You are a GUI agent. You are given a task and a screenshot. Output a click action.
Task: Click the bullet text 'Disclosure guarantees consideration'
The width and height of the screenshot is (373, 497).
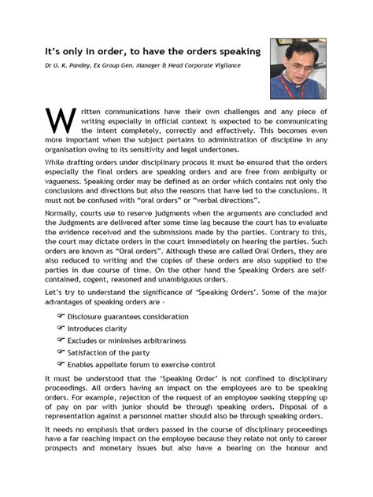(127, 337)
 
